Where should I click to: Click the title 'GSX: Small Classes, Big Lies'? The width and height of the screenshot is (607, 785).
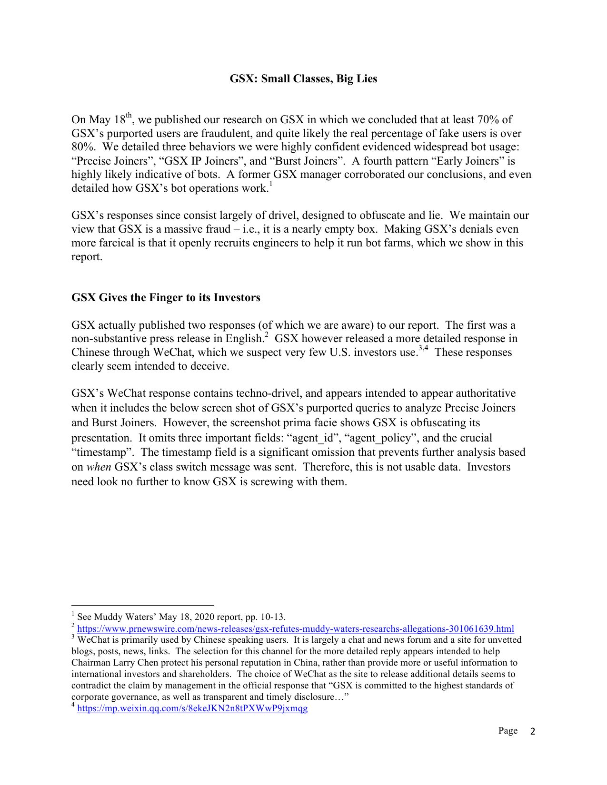point(303,79)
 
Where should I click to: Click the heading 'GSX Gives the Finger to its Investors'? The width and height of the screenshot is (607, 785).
point(166,298)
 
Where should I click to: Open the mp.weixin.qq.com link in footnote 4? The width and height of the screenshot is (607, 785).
point(192,708)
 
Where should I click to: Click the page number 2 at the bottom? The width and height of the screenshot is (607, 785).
point(533,731)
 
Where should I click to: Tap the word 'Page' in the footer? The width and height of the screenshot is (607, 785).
point(508,731)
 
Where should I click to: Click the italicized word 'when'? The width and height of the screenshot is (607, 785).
point(99,467)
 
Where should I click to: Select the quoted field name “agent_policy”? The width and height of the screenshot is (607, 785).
point(381,438)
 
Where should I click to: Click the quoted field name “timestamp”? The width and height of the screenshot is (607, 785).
point(102,452)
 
